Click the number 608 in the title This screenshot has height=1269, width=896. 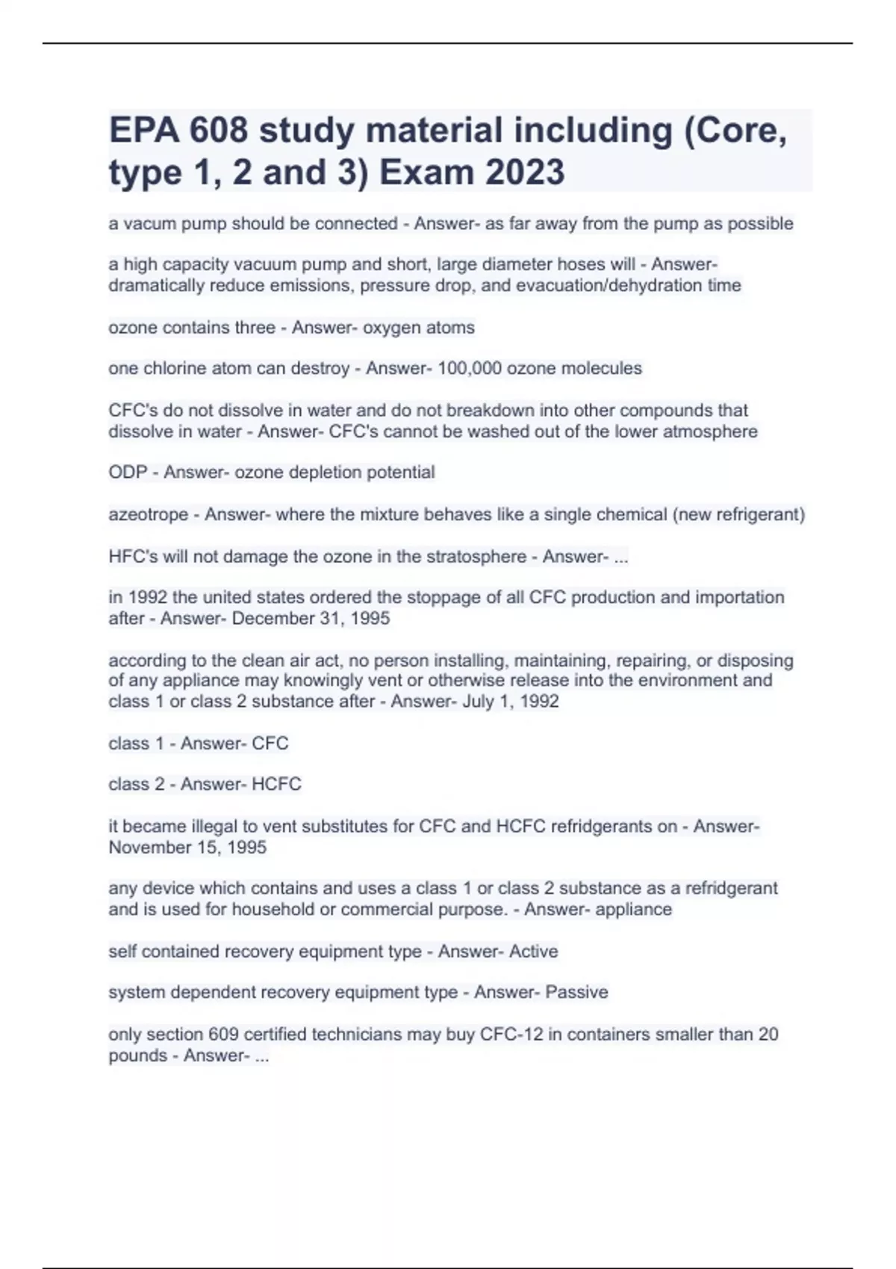click(x=218, y=131)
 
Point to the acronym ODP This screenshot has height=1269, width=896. click(x=128, y=473)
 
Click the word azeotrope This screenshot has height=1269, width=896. click(x=148, y=514)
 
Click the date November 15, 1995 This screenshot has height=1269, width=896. click(x=187, y=847)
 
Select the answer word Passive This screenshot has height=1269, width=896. click(x=576, y=992)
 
